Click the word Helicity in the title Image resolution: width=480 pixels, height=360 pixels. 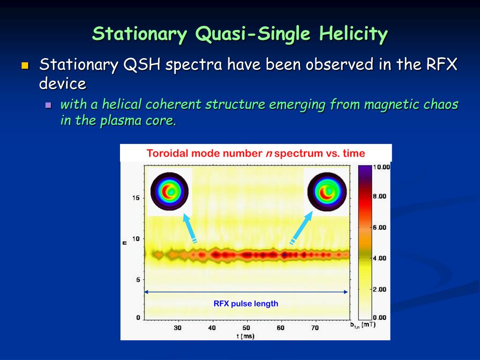353,34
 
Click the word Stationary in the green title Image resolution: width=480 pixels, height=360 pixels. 140,34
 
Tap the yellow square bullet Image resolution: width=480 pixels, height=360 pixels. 25,66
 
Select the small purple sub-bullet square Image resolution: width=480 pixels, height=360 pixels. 48,105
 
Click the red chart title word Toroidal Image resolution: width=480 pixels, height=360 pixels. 167,153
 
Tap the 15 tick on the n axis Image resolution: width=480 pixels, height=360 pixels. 136,198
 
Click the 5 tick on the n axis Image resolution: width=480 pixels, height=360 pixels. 138,279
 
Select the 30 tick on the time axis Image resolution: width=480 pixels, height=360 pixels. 178,328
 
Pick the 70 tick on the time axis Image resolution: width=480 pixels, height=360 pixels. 315,328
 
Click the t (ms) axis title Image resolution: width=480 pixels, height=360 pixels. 246,336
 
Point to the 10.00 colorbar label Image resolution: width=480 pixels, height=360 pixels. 382,167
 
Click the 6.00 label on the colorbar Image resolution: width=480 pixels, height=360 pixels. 380,227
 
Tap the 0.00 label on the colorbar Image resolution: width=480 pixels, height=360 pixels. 380,318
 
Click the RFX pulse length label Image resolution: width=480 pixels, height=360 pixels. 246,304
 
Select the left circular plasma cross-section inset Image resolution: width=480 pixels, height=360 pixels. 169,192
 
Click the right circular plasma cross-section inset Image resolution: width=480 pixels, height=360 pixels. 327,192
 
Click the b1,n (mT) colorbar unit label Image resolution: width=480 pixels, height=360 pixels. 363,324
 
